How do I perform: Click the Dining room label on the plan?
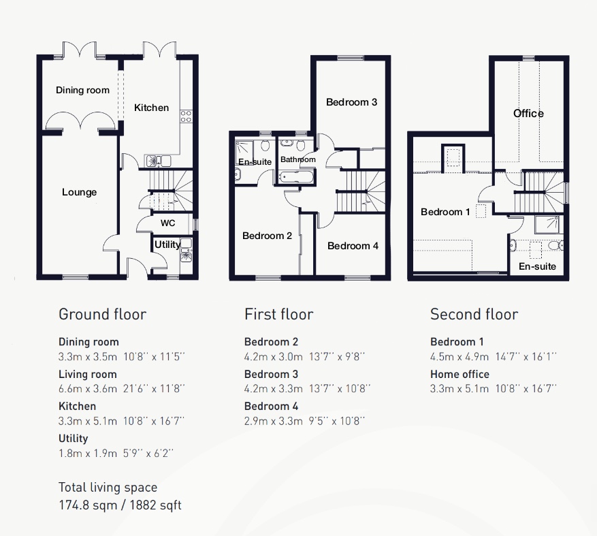tap(82, 91)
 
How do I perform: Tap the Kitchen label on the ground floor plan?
tap(152, 108)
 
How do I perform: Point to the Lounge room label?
tap(79, 192)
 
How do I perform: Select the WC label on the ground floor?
tap(167, 223)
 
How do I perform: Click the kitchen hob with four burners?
tap(187, 116)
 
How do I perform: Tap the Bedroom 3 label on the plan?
tap(351, 102)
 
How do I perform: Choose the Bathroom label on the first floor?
tap(298, 159)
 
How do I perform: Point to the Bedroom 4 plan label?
tap(353, 246)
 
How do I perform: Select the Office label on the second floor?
tap(528, 114)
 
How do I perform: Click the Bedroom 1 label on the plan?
tap(445, 212)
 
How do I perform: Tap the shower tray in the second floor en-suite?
tap(548, 225)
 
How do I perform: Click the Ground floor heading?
tap(102, 314)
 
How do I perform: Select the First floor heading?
tap(278, 314)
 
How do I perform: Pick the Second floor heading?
tap(474, 314)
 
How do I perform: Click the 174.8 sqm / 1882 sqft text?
tap(120, 505)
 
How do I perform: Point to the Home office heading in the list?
tap(459, 374)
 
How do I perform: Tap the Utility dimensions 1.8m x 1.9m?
tap(88, 454)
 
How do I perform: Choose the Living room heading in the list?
tap(88, 375)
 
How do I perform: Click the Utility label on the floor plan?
tap(167, 245)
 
